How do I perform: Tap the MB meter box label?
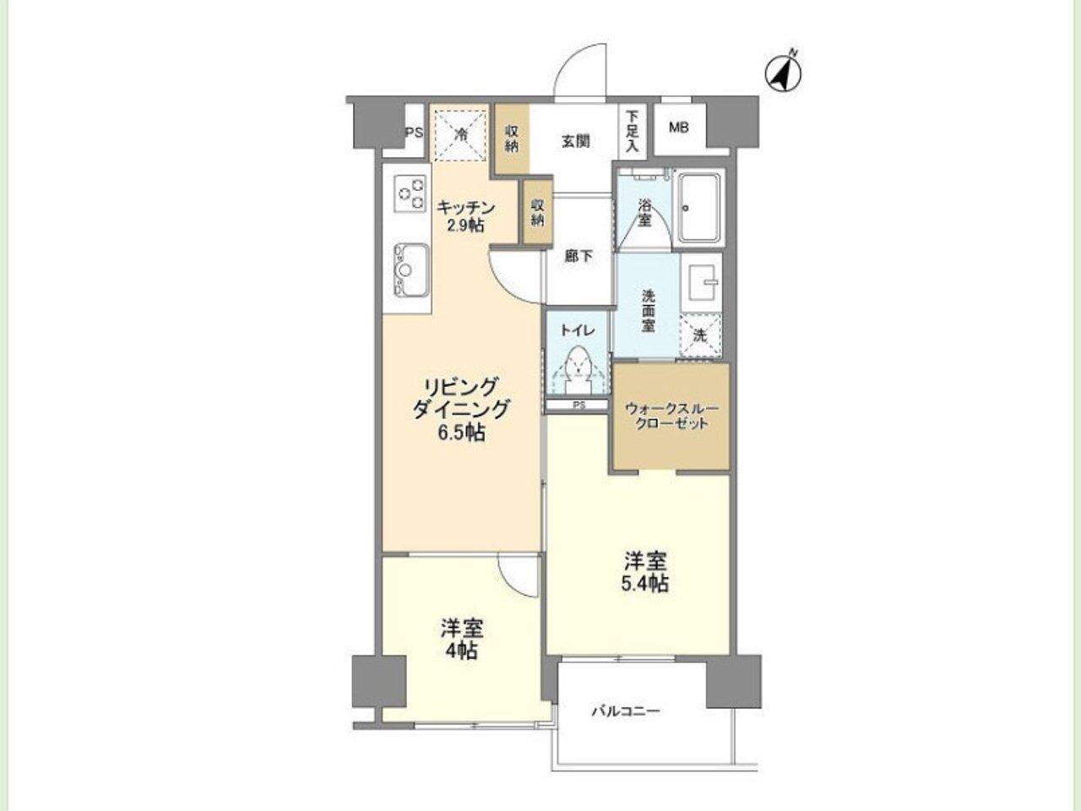point(679,128)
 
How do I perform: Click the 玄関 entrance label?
point(576,142)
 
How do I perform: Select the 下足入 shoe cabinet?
point(633,132)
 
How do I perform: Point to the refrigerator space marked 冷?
point(461,136)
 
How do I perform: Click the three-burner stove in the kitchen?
point(410,194)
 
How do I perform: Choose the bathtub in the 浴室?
point(698,209)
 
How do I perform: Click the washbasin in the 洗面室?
point(701,283)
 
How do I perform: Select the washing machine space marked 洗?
point(700,335)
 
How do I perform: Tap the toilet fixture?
point(579,370)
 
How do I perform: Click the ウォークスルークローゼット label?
point(671,416)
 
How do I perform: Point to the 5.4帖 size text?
point(646,583)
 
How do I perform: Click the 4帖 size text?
point(461,651)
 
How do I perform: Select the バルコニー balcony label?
point(626,711)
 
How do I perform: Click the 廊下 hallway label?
point(579,256)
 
